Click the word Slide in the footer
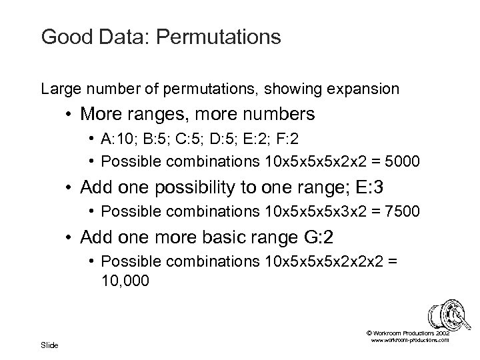[x=49, y=345]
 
